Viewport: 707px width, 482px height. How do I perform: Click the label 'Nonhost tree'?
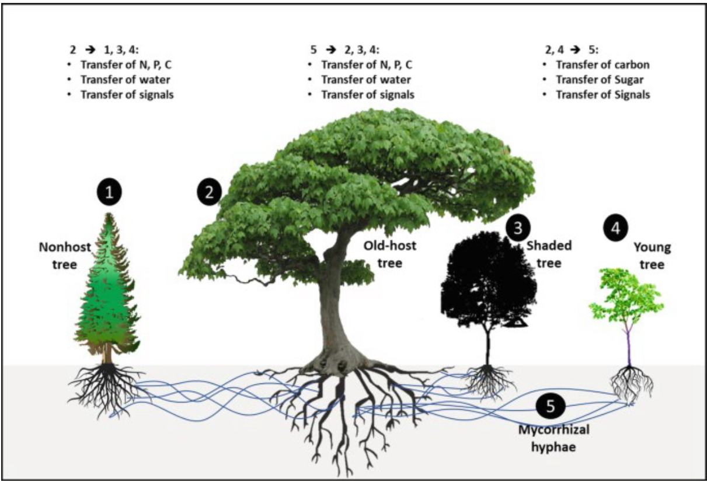tap(65, 255)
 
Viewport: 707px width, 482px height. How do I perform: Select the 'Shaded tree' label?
tap(549, 254)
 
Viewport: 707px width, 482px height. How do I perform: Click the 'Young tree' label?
tap(652, 256)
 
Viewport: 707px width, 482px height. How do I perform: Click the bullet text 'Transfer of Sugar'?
tap(594, 80)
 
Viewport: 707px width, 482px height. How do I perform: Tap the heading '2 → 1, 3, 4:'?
tap(109, 50)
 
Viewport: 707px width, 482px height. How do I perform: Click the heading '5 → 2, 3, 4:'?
tap(349, 50)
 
